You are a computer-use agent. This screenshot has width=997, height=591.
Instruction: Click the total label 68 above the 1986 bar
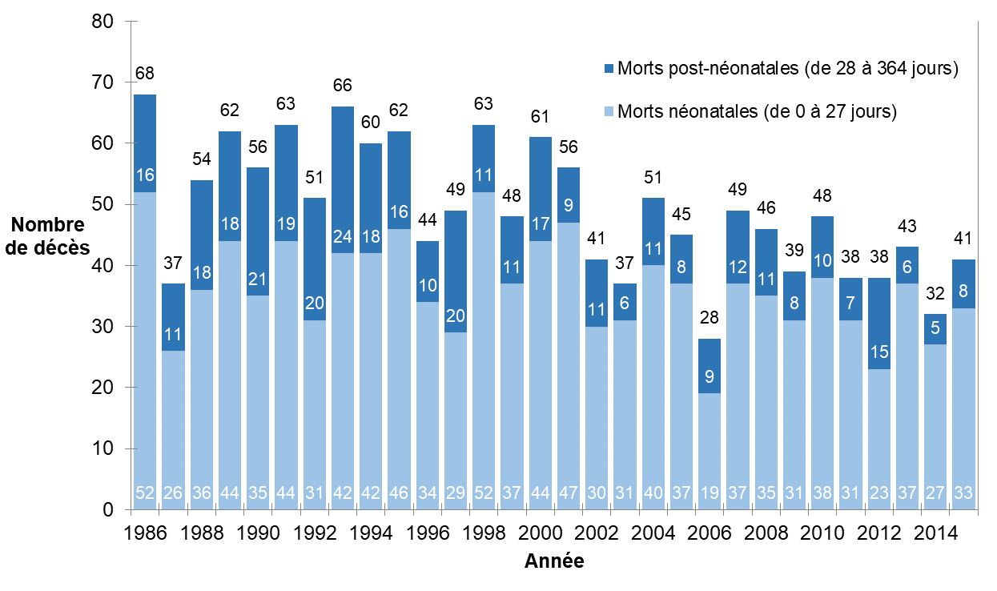(145, 73)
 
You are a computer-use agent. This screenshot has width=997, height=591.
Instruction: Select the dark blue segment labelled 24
(342, 180)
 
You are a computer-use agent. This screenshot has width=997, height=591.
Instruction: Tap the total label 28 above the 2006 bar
(709, 317)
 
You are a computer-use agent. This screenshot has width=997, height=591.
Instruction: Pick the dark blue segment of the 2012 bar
(879, 324)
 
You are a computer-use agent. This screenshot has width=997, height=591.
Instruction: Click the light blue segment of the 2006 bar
(709, 452)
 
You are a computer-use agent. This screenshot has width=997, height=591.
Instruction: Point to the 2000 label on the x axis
(541, 533)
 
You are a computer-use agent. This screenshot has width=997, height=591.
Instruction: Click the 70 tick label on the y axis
(103, 82)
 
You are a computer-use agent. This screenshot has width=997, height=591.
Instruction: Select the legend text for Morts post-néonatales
(788, 68)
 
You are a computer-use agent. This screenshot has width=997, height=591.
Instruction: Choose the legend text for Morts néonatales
(757, 111)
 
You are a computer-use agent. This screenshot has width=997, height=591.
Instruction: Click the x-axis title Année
(554, 561)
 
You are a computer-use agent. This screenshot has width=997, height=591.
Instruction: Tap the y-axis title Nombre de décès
(47, 236)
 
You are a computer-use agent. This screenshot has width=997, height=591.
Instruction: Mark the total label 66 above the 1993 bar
(342, 85)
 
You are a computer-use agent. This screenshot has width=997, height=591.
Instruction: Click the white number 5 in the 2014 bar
(935, 328)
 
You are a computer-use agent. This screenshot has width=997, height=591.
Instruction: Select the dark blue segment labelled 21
(258, 231)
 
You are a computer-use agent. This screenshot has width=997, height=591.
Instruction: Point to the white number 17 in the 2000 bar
(541, 223)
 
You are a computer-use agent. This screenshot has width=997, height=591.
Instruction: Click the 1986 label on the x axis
(145, 533)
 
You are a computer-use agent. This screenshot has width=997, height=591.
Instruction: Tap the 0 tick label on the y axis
(108, 509)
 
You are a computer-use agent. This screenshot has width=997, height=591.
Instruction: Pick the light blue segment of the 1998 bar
(484, 351)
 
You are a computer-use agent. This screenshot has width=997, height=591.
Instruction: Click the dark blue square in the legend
(609, 69)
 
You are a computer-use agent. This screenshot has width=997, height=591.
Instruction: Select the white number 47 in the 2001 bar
(569, 493)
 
